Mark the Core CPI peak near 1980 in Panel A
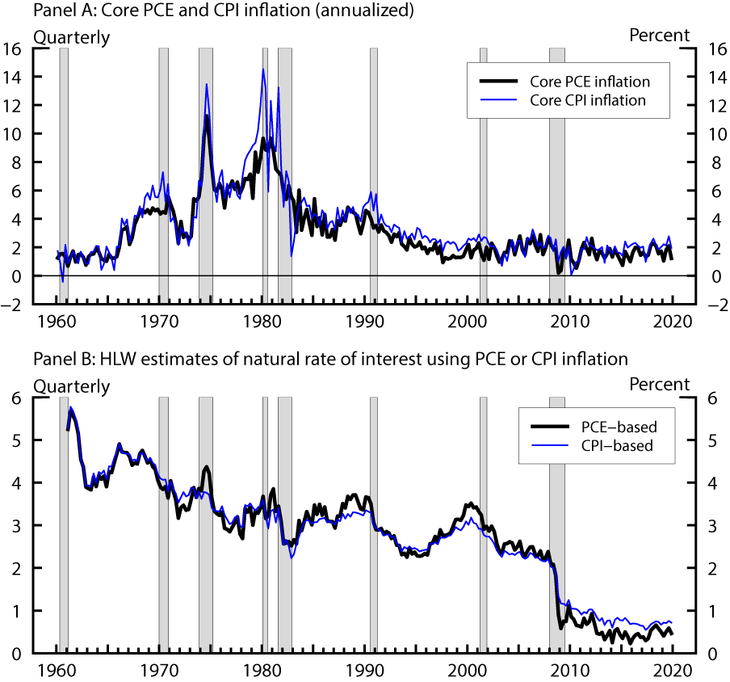(x=263, y=69)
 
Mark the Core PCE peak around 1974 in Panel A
(x=207, y=116)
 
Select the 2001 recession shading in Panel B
(x=484, y=525)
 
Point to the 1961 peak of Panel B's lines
(x=71, y=408)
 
